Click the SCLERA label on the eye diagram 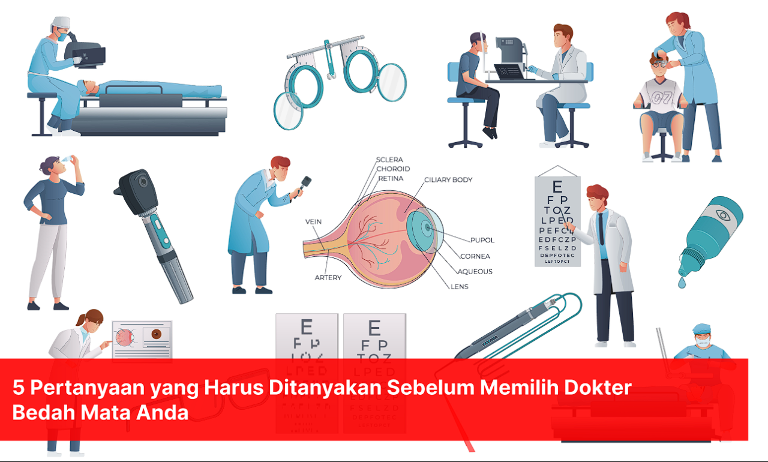389,160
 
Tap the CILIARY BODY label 448,179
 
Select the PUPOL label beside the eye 482,240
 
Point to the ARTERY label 328,278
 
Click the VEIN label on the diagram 313,222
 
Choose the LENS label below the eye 459,286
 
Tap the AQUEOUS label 475,272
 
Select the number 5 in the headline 19,388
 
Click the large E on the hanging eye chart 557,187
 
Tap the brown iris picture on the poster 157,334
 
